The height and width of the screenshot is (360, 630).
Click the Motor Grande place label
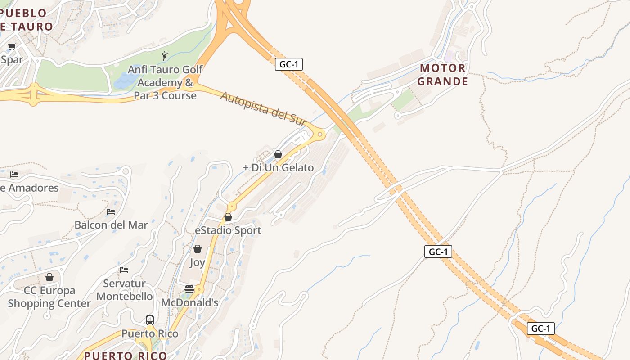point(442,75)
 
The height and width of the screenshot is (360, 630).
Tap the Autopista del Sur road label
point(264,109)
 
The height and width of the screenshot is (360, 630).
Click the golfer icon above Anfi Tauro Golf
point(165,56)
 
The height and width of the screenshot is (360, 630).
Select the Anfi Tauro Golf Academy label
point(165,83)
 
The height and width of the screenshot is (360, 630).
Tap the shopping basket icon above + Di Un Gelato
point(278,154)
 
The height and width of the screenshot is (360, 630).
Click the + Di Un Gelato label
point(278,168)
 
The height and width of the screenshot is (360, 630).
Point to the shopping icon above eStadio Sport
point(228,217)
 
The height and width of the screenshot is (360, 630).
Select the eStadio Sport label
point(228,230)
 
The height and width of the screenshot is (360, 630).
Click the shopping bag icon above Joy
point(198,249)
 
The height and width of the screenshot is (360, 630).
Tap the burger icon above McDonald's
point(189,289)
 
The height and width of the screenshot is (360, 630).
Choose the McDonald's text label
point(189,303)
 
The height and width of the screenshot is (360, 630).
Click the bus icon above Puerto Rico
point(150,320)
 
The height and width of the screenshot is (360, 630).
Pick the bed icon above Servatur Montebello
point(124,270)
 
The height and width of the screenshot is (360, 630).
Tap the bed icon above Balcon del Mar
point(111,211)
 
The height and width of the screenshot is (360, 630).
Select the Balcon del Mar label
point(111,225)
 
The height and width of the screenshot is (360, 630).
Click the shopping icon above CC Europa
point(49,277)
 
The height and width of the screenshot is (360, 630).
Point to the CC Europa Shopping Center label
point(49,297)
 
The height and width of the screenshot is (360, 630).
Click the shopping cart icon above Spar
point(12,46)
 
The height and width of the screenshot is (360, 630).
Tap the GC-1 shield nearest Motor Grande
point(289,64)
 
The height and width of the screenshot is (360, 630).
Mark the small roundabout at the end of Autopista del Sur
point(320,134)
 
